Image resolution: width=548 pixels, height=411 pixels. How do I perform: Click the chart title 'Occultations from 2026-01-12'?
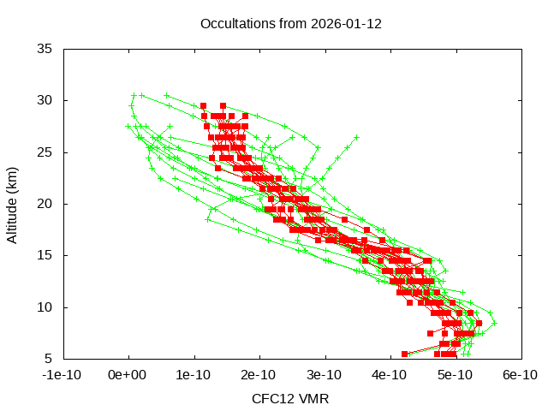[x=290, y=23]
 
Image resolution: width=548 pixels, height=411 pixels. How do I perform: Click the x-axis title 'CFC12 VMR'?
[x=290, y=398]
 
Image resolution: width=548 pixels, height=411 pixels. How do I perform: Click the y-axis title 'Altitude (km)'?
[x=12, y=204]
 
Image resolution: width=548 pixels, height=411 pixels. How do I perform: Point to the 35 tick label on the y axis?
[x=46, y=49]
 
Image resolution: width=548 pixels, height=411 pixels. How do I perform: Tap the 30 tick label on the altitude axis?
[x=46, y=100]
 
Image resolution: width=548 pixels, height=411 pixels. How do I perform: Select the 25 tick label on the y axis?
[x=46, y=152]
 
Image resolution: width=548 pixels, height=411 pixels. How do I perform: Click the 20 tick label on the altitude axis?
[x=46, y=204]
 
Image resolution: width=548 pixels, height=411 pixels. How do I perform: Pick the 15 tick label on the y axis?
[x=46, y=255]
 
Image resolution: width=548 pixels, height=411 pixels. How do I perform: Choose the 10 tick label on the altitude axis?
[x=46, y=307]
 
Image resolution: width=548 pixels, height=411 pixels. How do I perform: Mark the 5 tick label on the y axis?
[x=50, y=358]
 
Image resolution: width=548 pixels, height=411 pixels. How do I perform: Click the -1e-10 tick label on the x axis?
[x=63, y=374]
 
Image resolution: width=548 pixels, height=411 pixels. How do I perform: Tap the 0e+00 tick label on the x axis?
[x=128, y=374]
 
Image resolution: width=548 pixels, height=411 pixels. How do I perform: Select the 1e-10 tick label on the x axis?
[x=194, y=374]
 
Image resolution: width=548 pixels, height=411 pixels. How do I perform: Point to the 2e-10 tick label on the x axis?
[x=259, y=374]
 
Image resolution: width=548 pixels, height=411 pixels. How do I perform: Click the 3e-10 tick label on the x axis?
[x=324, y=374]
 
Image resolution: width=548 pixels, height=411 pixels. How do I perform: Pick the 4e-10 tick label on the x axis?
[x=389, y=374]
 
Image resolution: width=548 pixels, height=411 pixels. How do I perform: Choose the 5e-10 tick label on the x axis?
[x=454, y=374]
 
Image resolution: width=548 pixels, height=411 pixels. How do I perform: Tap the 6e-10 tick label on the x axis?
[x=519, y=374]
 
